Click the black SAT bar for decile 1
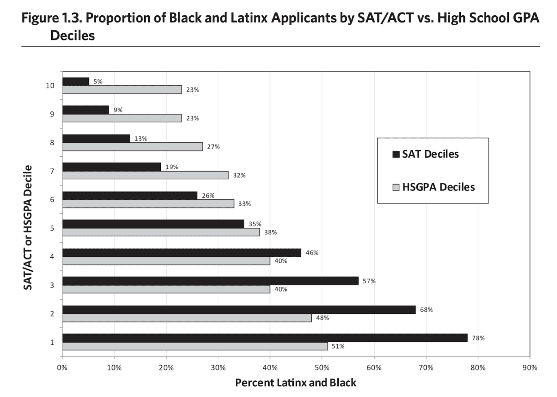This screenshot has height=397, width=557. tap(265, 338)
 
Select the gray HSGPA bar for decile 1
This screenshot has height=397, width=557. tap(195, 346)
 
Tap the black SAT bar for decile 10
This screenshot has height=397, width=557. tap(75, 81)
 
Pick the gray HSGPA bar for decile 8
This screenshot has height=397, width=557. tap(132, 146)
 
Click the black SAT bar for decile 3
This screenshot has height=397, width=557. tap(210, 281)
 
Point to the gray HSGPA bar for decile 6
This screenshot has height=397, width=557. tap(148, 203)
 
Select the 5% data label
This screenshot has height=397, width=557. tap(97, 81)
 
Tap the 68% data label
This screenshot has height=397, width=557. tap(426, 309)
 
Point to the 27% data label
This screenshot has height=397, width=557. tap(213, 147)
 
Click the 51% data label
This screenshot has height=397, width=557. tap(338, 346)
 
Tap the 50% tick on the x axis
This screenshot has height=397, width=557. tap(322, 368)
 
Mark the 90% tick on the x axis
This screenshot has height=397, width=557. tap(530, 368)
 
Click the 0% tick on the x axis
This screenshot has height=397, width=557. tap(62, 368)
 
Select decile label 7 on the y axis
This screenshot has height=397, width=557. tap(53, 171)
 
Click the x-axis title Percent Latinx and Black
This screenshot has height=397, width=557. tap(296, 383)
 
